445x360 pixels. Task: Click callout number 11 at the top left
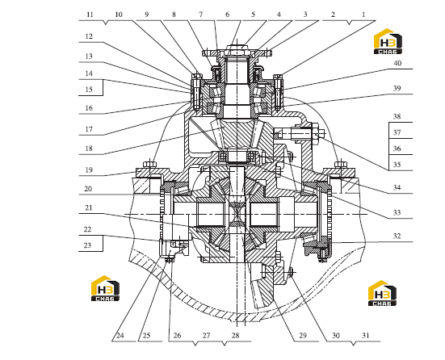coord(90,15)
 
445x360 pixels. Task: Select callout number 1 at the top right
coord(363,15)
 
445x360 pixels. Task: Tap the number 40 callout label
coord(397,63)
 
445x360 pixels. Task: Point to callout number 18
coord(89,149)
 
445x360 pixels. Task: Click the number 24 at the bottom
coord(120,336)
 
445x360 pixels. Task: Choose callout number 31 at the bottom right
coord(366,336)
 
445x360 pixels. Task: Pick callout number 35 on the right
coord(397,165)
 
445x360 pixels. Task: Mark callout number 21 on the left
coord(89,208)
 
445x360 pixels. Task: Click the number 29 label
coord(303,336)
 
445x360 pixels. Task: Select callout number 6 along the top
coord(227,15)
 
